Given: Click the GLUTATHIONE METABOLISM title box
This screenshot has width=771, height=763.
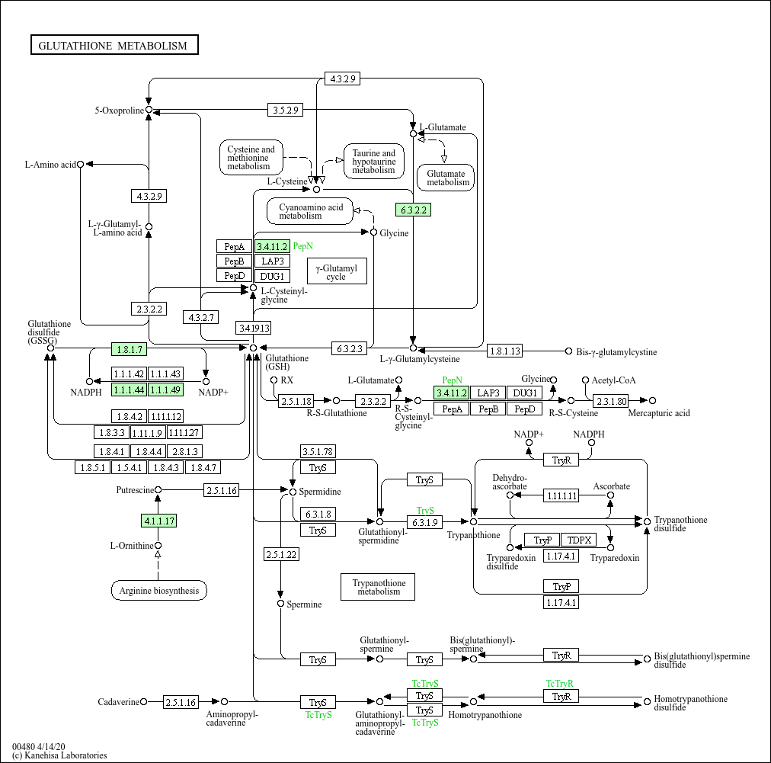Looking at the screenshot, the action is click(114, 45).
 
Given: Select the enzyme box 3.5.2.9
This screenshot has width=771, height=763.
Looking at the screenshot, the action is click(285, 110).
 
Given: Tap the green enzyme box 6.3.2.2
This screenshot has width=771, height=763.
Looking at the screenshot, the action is click(413, 210).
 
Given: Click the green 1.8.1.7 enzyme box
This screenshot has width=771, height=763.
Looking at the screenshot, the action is click(130, 349).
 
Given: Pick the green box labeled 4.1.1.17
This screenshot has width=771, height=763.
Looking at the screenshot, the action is click(158, 521).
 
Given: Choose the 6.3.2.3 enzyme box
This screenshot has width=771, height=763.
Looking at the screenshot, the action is click(349, 349).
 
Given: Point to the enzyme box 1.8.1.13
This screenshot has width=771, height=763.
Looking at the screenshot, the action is click(504, 351).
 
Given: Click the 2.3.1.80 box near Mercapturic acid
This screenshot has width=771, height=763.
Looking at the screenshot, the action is click(611, 401).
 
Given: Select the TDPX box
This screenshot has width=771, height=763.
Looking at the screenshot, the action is click(579, 540).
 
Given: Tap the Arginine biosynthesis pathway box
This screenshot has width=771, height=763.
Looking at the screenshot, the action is click(158, 590).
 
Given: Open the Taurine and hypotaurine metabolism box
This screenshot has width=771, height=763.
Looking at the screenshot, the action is click(374, 162).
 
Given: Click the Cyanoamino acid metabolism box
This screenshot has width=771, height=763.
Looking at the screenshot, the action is click(310, 211).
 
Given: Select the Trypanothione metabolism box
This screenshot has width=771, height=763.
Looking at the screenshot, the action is click(378, 587).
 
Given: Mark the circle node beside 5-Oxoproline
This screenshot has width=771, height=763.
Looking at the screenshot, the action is click(149, 110).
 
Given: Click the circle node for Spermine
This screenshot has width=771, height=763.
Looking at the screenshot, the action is click(281, 604).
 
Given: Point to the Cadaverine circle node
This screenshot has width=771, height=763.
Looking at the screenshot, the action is click(143, 701).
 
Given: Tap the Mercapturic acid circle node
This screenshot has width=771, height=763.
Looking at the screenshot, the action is click(652, 400).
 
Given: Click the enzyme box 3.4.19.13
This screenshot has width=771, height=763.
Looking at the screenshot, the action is click(254, 328).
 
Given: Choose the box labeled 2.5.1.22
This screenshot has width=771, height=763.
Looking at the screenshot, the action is click(281, 554).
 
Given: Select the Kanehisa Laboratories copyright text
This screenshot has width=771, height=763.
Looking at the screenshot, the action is click(59, 755).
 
